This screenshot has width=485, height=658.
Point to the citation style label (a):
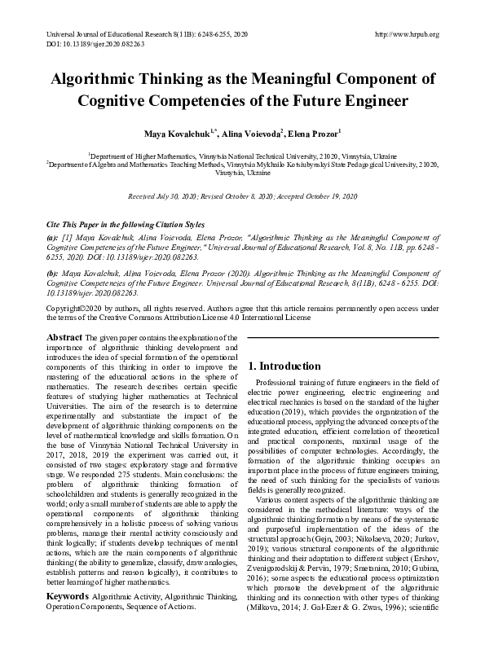(53, 234)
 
